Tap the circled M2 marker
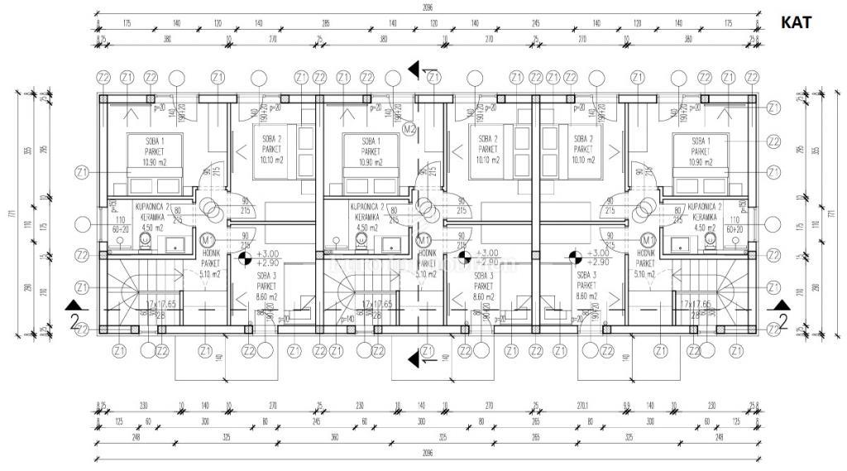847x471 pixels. (x=409, y=129)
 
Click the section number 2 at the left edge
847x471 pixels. (x=74, y=321)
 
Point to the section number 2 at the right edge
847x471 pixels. (x=781, y=320)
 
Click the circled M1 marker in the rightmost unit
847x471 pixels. (x=648, y=239)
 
